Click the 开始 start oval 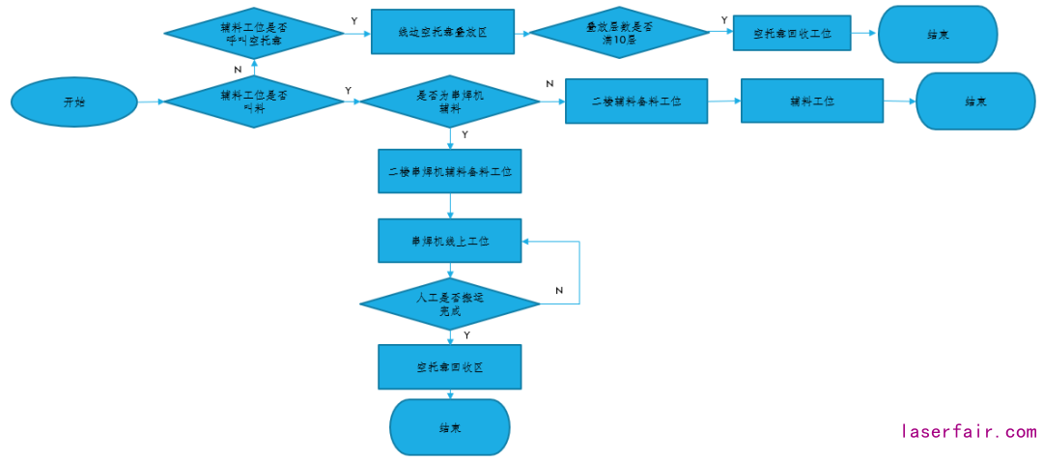pos(73,101)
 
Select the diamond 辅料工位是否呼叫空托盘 pos(254,34)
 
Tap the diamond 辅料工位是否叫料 pos(254,101)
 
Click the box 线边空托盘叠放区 pos(442,34)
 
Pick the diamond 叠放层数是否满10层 pos(620,34)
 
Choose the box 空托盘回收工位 pos(792,34)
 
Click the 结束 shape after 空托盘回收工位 pos(937,34)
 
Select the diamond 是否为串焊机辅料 pos(450,101)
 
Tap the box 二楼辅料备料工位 pos(636,101)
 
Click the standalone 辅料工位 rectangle pos(812,101)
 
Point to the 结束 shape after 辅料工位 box pos(974,101)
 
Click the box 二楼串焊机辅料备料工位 pos(450,173)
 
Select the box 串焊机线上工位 pos(450,241)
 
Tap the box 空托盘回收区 pos(450,367)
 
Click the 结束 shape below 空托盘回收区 pos(449,427)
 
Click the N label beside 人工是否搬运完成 pos(559,291)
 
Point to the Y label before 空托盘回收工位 pos(724,19)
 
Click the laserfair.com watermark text pos(969,432)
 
